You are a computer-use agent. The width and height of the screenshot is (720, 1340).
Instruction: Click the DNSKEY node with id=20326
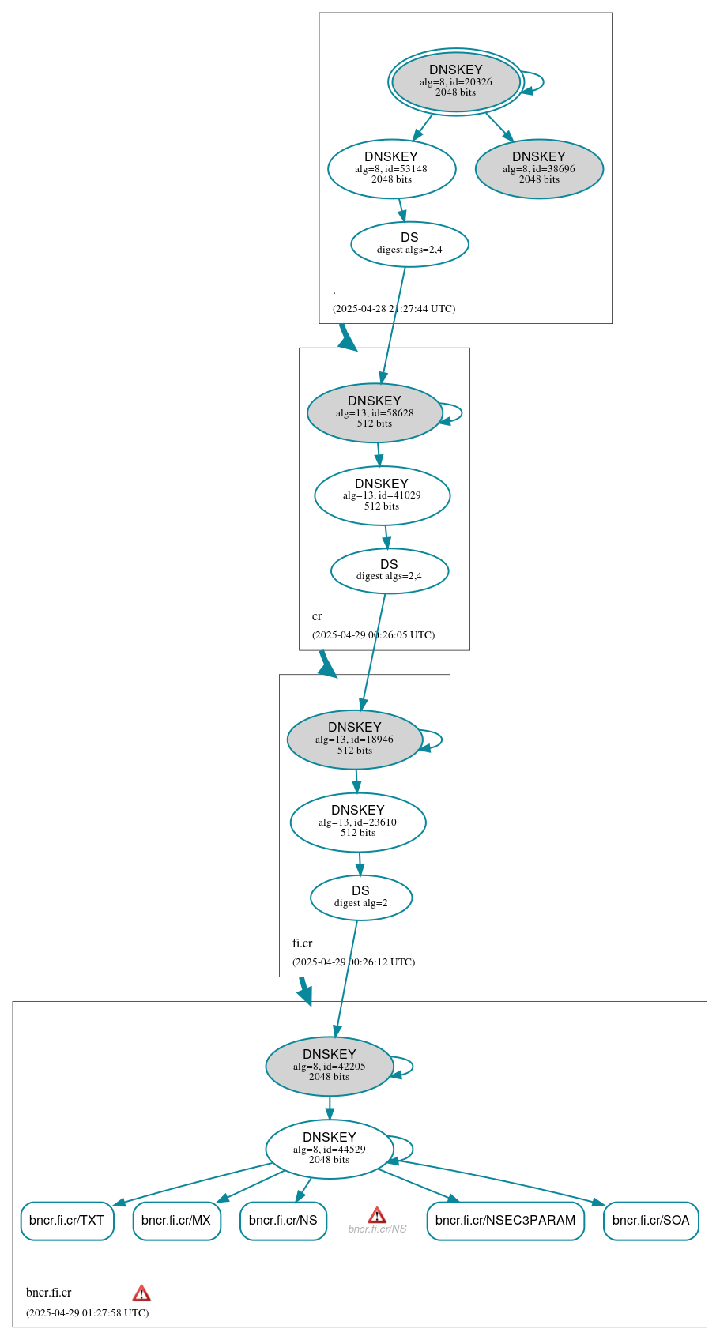point(455,81)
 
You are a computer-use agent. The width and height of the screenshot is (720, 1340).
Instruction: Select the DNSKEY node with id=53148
point(391,168)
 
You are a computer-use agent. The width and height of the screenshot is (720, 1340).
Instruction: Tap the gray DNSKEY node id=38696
point(539,168)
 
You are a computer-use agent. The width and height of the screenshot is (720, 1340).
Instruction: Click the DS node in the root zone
point(409,244)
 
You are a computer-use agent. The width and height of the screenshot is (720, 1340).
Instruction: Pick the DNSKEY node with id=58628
point(374,412)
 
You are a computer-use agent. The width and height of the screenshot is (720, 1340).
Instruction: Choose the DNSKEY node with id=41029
point(382,495)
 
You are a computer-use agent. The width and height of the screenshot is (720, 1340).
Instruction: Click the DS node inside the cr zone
point(389,570)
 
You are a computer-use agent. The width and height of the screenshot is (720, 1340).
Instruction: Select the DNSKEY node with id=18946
point(354,740)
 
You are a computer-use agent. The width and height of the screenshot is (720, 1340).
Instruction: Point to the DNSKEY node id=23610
point(358,822)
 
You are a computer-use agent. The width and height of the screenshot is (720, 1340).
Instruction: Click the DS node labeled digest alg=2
point(360,898)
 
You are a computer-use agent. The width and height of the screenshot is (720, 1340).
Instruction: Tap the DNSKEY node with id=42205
point(329,1066)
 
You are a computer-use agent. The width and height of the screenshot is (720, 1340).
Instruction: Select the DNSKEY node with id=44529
point(329,1149)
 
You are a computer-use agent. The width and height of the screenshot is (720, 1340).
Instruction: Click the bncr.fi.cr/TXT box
point(67,1221)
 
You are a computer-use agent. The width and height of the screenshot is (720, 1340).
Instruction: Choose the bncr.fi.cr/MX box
point(176,1221)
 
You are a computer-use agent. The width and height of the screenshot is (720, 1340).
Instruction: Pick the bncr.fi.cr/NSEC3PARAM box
point(505,1221)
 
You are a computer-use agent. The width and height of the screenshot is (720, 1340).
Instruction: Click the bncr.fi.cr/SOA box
point(650,1221)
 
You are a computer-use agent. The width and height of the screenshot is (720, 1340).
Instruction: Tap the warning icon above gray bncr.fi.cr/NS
point(377,1215)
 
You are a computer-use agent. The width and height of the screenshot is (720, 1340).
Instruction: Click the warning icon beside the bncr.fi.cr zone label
point(141,1293)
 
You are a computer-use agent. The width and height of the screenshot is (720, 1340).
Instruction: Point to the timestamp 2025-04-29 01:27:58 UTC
point(87,1312)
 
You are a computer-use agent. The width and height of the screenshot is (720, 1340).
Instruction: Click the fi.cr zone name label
point(302,943)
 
